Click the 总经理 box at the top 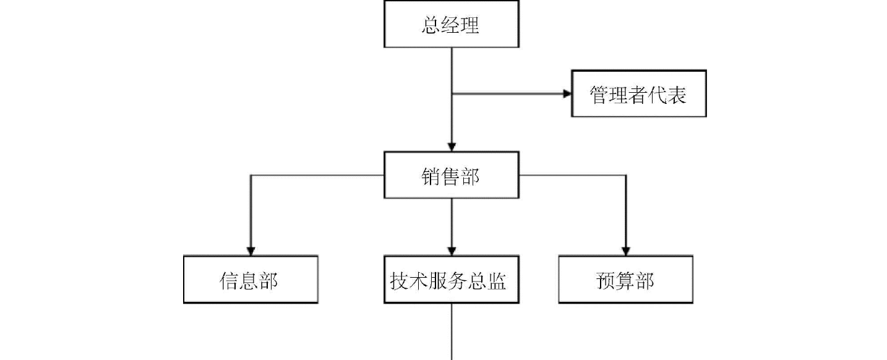[451, 25]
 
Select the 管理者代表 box [638, 94]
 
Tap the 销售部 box [451, 176]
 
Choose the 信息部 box [251, 280]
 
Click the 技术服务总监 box [451, 280]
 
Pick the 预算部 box [625, 280]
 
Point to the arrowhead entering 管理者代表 [566, 94]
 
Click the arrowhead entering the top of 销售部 [452, 147]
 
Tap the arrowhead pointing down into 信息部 [251, 251]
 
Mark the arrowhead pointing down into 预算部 [625, 251]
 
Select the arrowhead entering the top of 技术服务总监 [452, 251]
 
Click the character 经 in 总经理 [451, 25]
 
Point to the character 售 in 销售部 [451, 177]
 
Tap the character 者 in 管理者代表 [638, 95]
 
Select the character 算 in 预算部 [625, 281]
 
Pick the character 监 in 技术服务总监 [495, 281]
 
